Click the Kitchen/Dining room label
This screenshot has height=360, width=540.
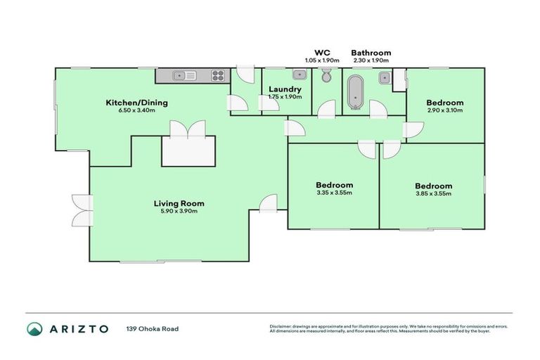pos(136,103)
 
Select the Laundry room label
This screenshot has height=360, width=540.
pos(285,89)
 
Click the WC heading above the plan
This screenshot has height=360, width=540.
pos(322,53)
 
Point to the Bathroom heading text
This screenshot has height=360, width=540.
pos(371,53)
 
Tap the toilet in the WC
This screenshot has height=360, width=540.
pos(325,77)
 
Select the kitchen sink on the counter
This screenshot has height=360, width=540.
pos(184,75)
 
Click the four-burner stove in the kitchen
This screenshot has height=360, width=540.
pos(218,75)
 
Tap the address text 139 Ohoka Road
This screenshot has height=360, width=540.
pos(150,329)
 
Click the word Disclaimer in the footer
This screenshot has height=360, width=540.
pos(281,326)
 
